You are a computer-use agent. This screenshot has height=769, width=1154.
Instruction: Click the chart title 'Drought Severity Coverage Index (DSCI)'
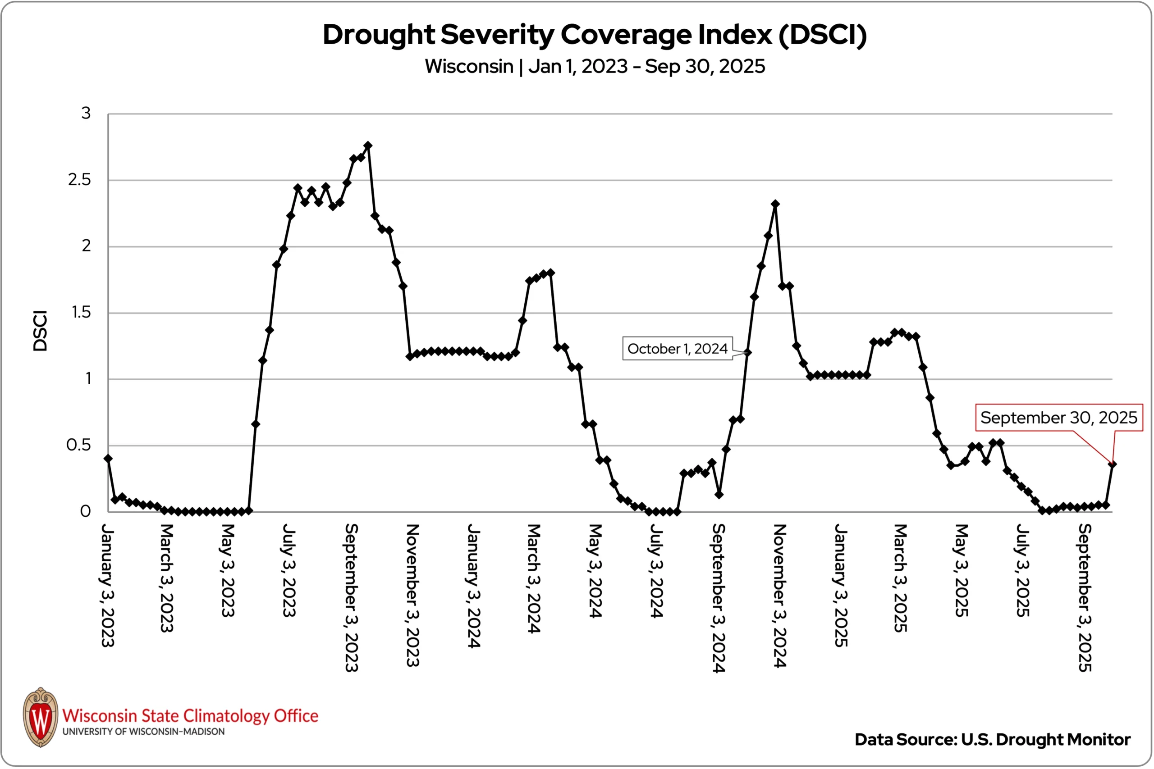[x=594, y=35]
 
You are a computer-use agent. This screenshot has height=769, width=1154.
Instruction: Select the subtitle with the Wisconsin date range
[x=594, y=66]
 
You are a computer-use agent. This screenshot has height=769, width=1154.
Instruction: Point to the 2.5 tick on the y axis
[x=79, y=180]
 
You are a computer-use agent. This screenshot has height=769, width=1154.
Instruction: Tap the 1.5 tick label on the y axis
[x=81, y=312]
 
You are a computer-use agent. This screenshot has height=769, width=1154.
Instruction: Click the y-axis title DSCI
[x=40, y=331]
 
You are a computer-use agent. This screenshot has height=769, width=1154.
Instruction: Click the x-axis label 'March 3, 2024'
[x=534, y=578]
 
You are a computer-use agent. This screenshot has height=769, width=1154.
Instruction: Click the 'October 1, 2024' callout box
[x=678, y=349]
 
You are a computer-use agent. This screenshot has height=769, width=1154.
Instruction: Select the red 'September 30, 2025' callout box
[x=1059, y=417]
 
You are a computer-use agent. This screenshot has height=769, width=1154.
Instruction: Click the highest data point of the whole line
[x=368, y=146]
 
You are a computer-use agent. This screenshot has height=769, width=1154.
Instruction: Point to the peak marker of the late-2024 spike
[x=775, y=204]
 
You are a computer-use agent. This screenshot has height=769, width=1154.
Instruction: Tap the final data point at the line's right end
[x=1112, y=464]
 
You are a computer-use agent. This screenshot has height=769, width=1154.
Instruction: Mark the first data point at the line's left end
[x=109, y=459]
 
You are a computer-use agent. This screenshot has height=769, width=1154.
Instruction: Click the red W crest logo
[x=41, y=717]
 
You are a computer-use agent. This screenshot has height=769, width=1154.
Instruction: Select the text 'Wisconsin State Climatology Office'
[x=190, y=715]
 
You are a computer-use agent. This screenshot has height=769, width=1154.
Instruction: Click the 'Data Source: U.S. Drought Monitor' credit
[x=992, y=740]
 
